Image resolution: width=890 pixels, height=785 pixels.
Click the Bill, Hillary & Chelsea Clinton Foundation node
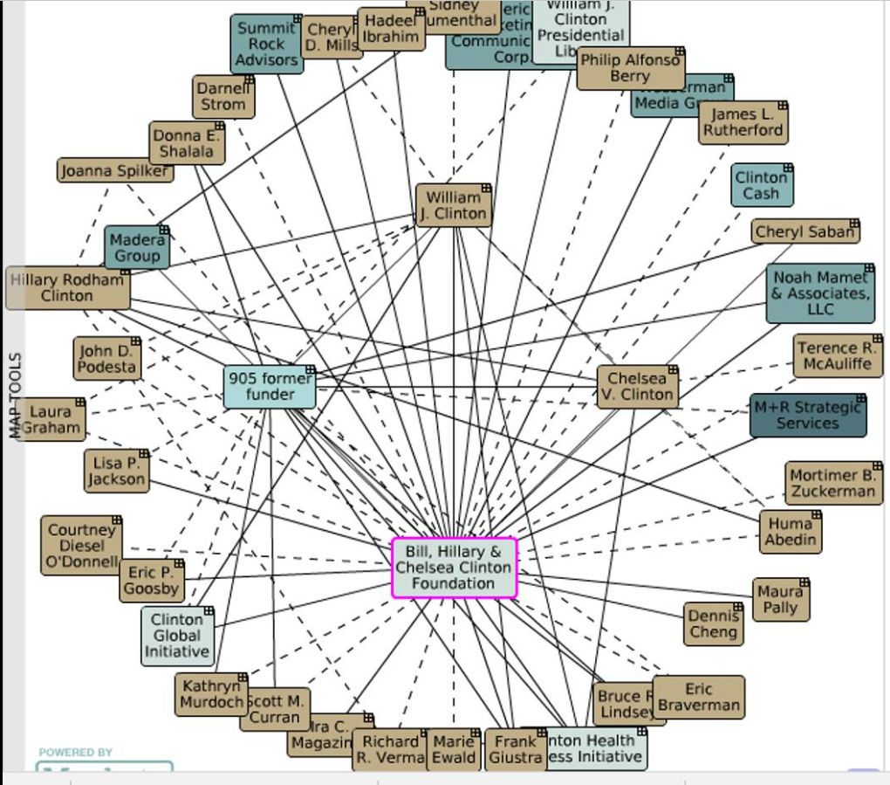coord(454,568)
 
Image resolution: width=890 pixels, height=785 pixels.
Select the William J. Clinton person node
coord(453,206)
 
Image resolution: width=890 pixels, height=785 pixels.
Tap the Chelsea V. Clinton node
coord(638,387)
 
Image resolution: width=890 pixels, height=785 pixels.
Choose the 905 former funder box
coord(270,387)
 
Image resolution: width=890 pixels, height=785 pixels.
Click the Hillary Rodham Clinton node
coord(68,288)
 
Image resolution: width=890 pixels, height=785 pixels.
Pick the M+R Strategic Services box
coord(807,416)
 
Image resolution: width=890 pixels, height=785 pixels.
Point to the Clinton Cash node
coord(762,185)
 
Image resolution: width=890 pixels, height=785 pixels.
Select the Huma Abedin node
coord(791,531)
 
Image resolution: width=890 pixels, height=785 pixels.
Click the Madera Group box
coord(137,248)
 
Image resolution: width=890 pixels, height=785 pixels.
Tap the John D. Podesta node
coord(106,359)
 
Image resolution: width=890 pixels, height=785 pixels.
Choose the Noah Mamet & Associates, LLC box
coord(820,293)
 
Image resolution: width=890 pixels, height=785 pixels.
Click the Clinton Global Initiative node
coord(177,636)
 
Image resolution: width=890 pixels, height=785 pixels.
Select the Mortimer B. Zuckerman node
coord(832,484)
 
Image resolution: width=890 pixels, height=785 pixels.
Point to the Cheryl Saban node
coord(804,232)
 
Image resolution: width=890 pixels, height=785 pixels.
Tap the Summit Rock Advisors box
coord(267,45)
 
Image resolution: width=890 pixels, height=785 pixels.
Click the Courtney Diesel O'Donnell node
coord(81,546)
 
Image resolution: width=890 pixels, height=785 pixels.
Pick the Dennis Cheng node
coord(713,624)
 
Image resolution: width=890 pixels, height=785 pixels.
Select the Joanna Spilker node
coord(114,171)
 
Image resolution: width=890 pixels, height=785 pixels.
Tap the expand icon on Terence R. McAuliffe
coord(877,340)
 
